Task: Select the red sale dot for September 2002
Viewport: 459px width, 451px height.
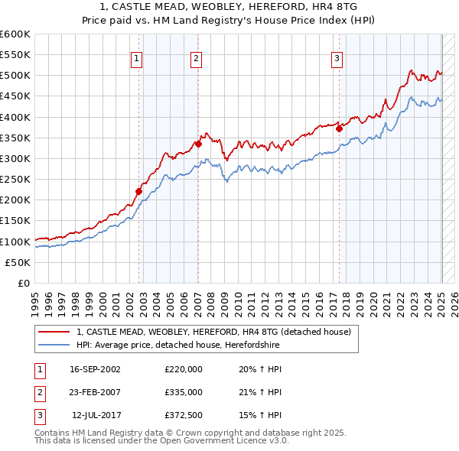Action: (139, 191)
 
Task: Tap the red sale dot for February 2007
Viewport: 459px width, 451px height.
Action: (198, 144)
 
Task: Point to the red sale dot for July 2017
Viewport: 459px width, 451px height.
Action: (339, 128)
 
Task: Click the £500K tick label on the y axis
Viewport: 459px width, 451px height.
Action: (15, 76)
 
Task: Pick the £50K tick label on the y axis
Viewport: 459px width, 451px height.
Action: (18, 262)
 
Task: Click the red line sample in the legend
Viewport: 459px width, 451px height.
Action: (54, 332)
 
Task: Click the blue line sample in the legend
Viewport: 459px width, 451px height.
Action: (54, 346)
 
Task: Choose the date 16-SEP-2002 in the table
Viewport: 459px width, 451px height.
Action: (95, 369)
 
